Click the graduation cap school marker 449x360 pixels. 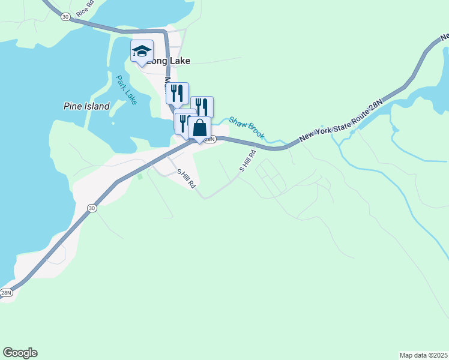142,51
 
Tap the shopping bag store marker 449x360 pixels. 199,128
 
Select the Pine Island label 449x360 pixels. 86,106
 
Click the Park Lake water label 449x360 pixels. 127,89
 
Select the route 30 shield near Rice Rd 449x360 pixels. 65,17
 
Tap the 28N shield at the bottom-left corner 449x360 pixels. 5,293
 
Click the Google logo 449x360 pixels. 20,353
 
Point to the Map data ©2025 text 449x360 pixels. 423,355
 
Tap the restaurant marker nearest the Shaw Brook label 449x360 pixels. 202,107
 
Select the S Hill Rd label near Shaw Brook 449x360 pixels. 248,160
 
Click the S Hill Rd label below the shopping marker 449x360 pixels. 186,179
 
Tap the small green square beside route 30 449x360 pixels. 140,176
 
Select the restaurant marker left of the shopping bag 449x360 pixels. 183,123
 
